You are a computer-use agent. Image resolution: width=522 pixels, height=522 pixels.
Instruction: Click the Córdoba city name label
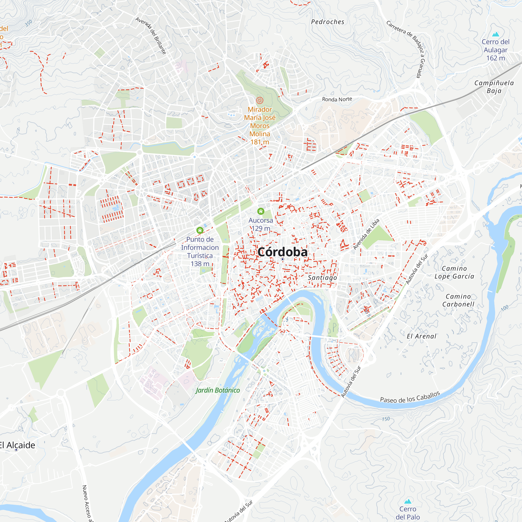point(282,252)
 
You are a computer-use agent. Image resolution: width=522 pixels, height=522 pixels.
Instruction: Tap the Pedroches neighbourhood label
point(328,22)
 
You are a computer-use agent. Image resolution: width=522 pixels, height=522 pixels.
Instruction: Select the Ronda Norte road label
point(337,99)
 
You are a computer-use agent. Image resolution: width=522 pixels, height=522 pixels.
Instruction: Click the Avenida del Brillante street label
point(151,36)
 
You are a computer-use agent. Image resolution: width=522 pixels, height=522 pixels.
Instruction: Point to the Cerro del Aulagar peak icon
point(495,34)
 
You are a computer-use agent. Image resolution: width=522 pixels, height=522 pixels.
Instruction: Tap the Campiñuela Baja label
point(494,87)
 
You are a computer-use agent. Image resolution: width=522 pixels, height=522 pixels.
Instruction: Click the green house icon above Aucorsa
point(260,211)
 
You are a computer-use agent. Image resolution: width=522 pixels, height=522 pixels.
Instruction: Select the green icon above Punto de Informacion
point(200,230)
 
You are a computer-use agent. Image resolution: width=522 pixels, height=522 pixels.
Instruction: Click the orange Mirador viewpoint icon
point(259,100)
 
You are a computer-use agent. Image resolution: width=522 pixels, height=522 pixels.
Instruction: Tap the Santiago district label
point(322,278)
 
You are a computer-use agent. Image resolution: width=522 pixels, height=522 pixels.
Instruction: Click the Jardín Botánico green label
point(218,390)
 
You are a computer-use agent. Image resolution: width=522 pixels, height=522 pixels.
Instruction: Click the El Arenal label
point(422,336)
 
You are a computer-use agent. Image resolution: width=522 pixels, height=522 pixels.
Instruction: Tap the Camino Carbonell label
point(458,300)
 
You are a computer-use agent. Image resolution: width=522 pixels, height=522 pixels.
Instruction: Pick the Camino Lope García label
point(454,272)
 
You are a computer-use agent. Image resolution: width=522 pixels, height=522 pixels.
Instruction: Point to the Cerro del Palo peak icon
point(408,501)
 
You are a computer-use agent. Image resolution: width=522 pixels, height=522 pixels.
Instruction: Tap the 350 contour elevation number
point(28,23)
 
